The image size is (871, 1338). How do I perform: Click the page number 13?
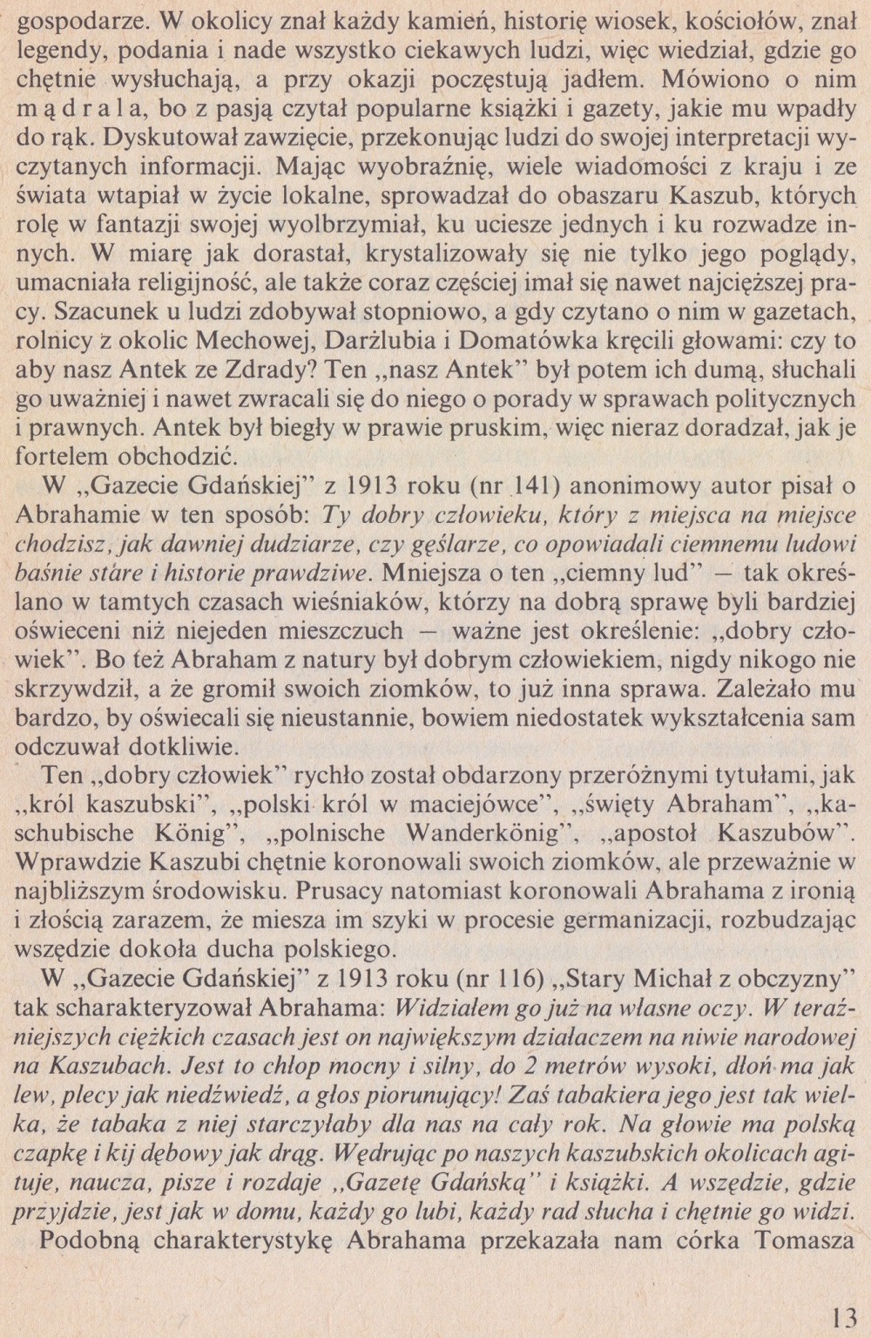(x=844, y=1314)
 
